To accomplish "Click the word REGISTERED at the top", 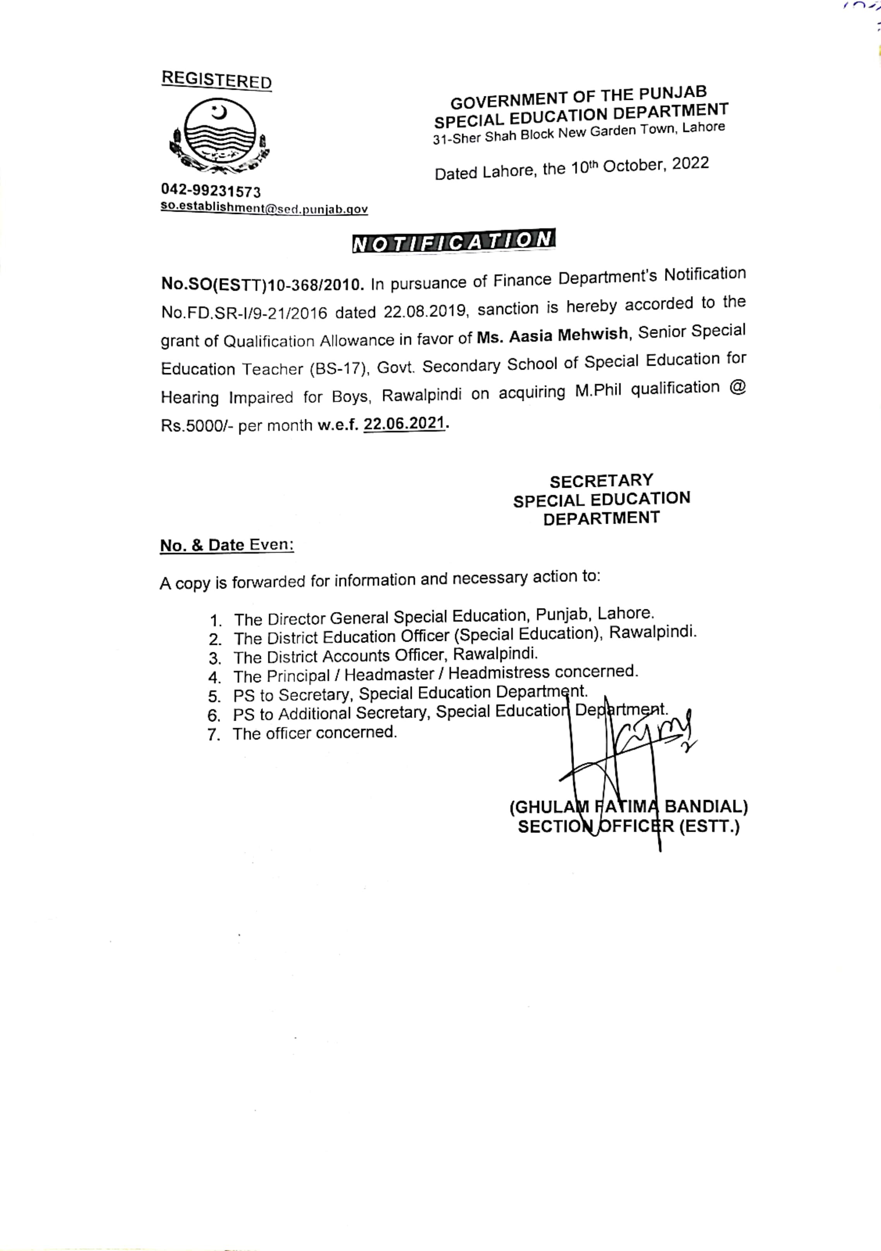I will point(216,80).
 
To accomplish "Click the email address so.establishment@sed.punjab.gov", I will point(264,208).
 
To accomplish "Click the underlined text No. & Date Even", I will point(227,545).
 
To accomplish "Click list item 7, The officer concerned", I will point(314,733).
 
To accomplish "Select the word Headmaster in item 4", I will point(389,675).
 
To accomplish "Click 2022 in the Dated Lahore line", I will point(690,163).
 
